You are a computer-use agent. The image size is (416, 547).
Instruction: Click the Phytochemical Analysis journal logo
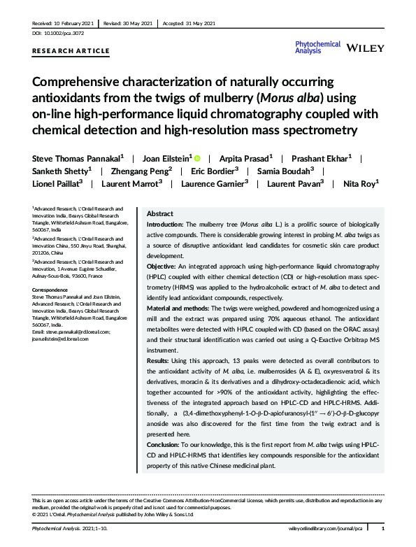[318, 46]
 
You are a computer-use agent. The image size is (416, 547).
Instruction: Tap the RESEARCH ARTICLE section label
[71, 51]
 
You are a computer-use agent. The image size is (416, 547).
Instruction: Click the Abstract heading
[159, 213]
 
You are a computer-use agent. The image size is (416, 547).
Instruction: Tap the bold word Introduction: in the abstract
[164, 222]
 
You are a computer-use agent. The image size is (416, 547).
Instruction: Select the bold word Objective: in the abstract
[161, 267]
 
